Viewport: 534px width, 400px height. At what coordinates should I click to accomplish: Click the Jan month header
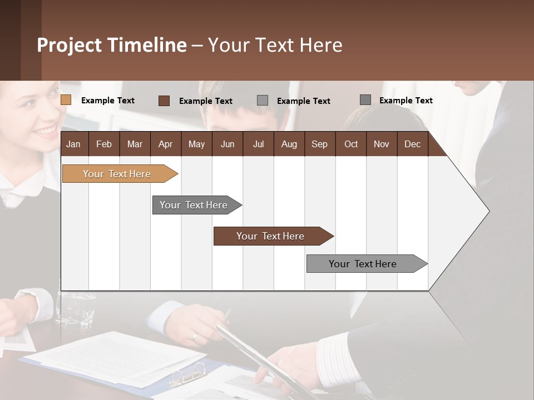click(73, 144)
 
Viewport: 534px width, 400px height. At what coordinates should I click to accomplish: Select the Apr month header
click(165, 144)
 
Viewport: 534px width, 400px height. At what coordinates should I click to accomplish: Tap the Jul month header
click(258, 144)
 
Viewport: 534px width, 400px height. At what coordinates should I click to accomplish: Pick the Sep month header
click(319, 144)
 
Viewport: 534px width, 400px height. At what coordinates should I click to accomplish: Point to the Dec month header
click(412, 144)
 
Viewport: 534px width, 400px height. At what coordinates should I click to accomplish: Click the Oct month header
click(351, 144)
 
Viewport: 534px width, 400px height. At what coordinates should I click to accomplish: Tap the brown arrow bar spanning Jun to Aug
click(271, 236)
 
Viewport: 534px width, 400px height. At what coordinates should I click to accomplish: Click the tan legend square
click(66, 100)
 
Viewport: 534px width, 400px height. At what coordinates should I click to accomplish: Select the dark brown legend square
click(164, 101)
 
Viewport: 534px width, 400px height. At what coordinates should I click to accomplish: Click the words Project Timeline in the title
click(112, 45)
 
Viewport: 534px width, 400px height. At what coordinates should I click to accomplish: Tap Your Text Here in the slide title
click(275, 45)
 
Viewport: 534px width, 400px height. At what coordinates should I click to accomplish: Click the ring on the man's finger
click(194, 336)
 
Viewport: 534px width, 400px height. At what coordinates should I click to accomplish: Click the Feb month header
click(104, 144)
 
